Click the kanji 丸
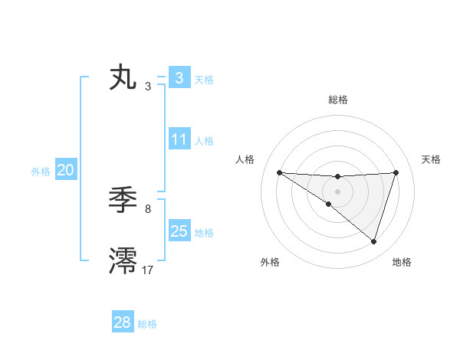pyautogui.click(x=123, y=78)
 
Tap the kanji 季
pyautogui.click(x=123, y=201)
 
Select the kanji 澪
pyautogui.click(x=123, y=260)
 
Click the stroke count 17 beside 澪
pyautogui.click(x=148, y=270)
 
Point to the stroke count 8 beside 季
pyautogui.click(x=148, y=208)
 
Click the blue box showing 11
pyautogui.click(x=179, y=139)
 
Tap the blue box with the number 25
pyautogui.click(x=179, y=231)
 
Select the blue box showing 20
pyautogui.click(x=65, y=170)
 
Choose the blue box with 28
pyautogui.click(x=123, y=322)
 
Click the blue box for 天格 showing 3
pyautogui.click(x=179, y=78)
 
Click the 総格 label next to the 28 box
pyautogui.click(x=147, y=324)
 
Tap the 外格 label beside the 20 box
pyautogui.click(x=41, y=172)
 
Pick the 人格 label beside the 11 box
pyautogui.click(x=204, y=141)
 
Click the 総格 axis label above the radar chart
pyautogui.click(x=337, y=100)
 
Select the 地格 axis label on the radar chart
pyautogui.click(x=402, y=262)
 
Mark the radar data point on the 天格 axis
pyautogui.click(x=396, y=172)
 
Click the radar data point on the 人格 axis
pyautogui.click(x=279, y=172)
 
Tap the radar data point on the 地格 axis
pyautogui.click(x=373, y=241)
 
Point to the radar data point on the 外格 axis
pyautogui.click(x=329, y=204)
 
